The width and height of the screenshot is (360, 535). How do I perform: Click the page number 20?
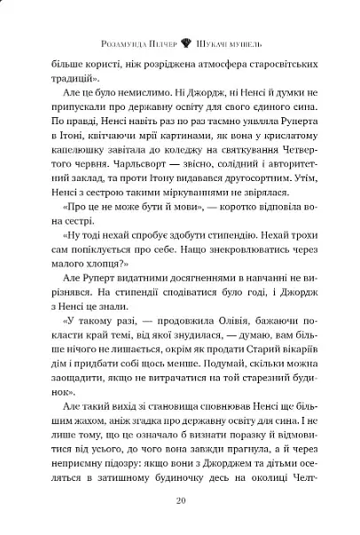pos(180,503)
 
